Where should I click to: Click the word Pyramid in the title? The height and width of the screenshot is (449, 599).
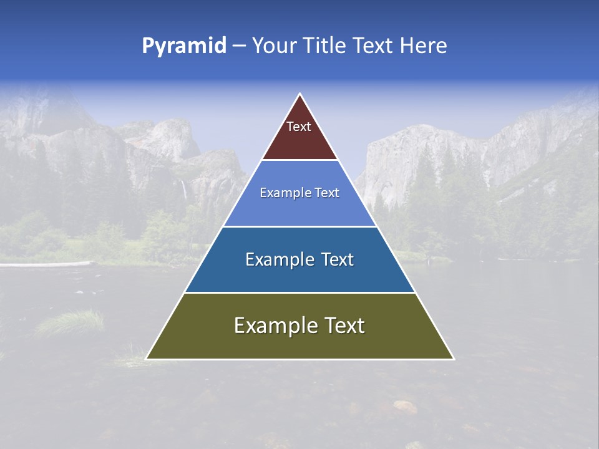[184, 46]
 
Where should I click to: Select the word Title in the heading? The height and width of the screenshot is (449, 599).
[327, 46]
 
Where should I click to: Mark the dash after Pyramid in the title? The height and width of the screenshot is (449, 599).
[239, 46]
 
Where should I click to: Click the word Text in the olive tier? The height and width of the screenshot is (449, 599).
[343, 326]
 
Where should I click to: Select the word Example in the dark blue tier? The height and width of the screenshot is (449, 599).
[277, 259]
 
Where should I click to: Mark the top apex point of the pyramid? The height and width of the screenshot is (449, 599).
[300, 95]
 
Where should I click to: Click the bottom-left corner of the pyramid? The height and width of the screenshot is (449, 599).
[147, 359]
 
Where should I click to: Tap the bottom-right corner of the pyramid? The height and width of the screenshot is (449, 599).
[453, 359]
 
